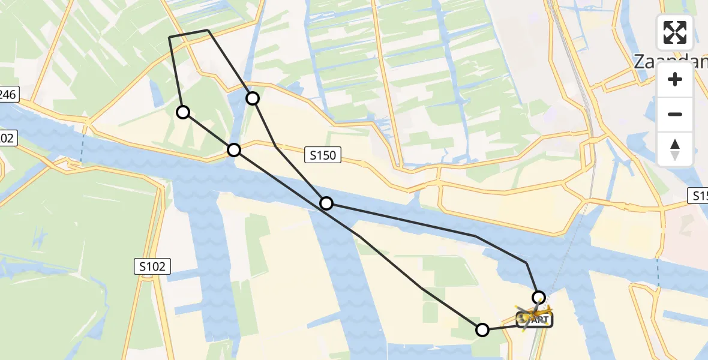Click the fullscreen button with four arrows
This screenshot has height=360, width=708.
click(x=675, y=32)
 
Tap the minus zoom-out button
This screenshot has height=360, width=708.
click(x=675, y=114)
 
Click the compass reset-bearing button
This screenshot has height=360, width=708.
click(x=675, y=149)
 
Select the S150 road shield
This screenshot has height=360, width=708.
click(x=323, y=156)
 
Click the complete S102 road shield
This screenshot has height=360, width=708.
click(x=152, y=266)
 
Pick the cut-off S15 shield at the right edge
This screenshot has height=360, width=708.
click(x=698, y=196)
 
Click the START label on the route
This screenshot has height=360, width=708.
click(x=535, y=320)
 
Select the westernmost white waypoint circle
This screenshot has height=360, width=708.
click(x=183, y=112)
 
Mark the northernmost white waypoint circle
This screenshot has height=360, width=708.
click(x=253, y=98)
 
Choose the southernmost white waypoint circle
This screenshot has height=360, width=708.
click(x=482, y=329)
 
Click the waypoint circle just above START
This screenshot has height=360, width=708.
click(x=539, y=297)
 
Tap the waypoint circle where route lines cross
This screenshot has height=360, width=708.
click(x=326, y=203)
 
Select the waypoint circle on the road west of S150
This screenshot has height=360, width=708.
click(x=234, y=149)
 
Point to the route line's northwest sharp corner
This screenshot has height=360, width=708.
click(x=170, y=37)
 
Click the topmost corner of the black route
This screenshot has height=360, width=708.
click(x=208, y=30)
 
